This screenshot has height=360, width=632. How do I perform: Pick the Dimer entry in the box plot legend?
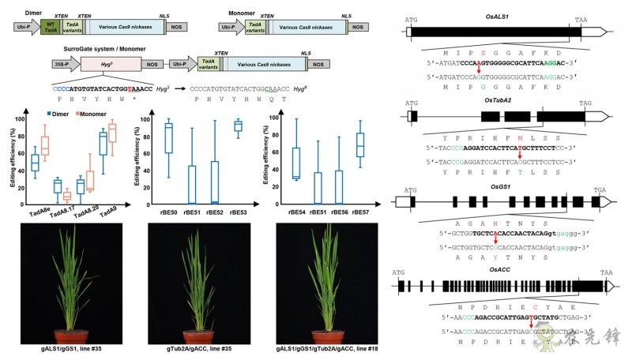pyautogui.click(x=53, y=114)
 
